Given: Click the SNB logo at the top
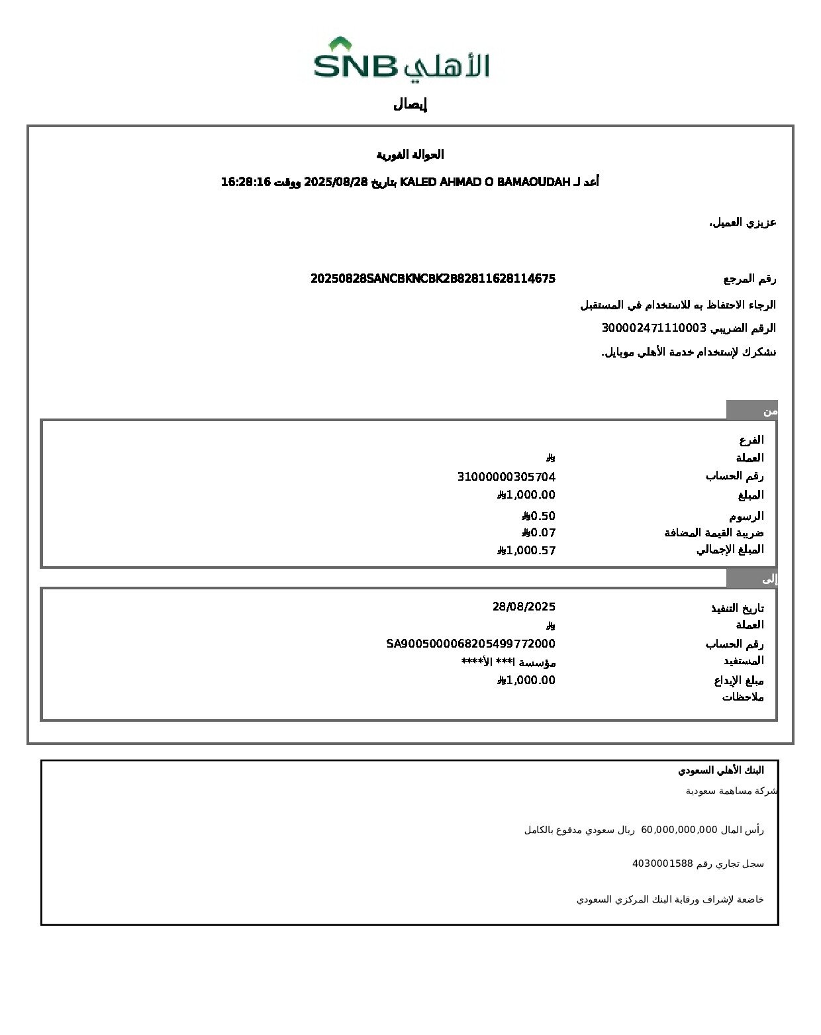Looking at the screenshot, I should (x=401, y=60).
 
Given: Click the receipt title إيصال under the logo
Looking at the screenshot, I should (x=410, y=104).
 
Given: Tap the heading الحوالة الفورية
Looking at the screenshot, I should (x=410, y=155).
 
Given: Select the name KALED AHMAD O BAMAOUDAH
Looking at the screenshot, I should (x=485, y=182).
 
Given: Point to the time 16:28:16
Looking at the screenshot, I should (x=246, y=182).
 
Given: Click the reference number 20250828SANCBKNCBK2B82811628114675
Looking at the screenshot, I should (x=433, y=279).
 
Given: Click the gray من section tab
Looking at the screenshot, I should (x=751, y=411).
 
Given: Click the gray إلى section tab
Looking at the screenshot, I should (x=751, y=579).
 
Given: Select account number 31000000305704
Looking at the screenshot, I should (x=507, y=477).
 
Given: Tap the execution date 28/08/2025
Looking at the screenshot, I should (x=524, y=607).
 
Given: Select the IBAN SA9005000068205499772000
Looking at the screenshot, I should (x=471, y=644).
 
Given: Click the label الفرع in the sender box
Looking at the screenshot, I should (x=751, y=440).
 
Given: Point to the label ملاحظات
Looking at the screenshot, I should (x=743, y=697).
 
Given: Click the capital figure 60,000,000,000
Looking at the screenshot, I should (x=679, y=829).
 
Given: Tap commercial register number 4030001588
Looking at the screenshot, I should (x=662, y=863).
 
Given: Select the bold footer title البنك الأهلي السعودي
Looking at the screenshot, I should (x=720, y=770).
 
